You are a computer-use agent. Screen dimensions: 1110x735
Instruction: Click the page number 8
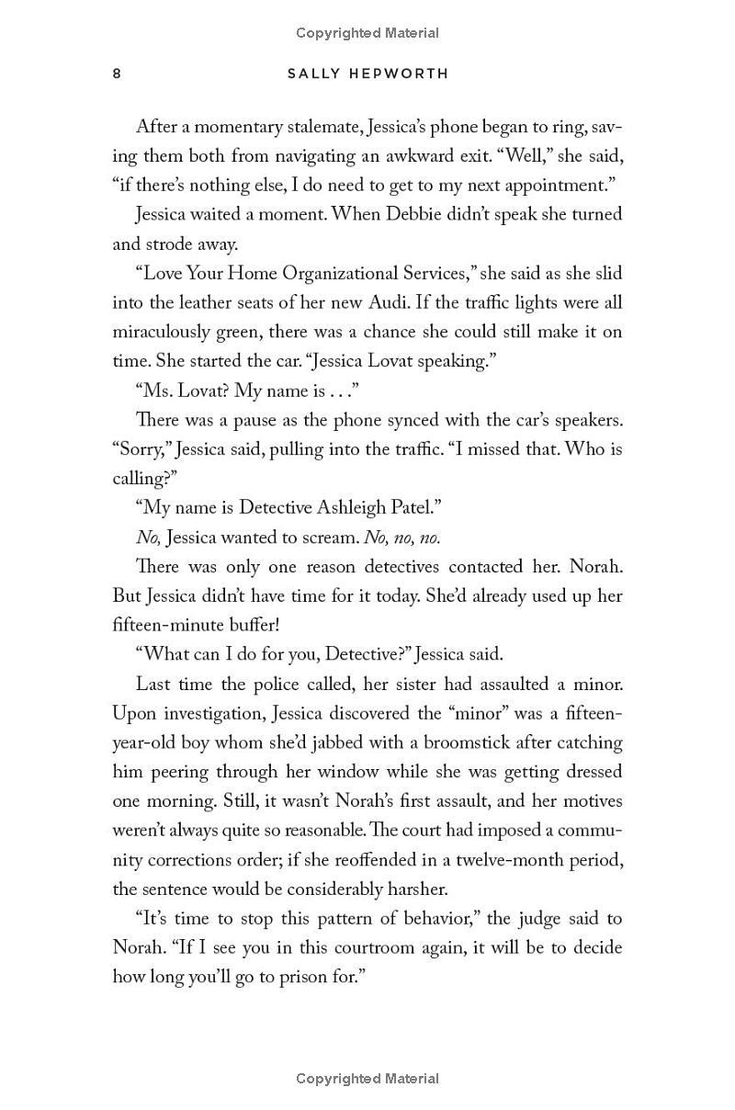point(117,74)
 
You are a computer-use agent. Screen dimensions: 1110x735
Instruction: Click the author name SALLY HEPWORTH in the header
point(367,74)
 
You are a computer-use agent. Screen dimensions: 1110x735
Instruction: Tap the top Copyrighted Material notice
point(367,33)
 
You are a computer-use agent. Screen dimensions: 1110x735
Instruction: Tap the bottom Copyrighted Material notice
point(367,1079)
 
